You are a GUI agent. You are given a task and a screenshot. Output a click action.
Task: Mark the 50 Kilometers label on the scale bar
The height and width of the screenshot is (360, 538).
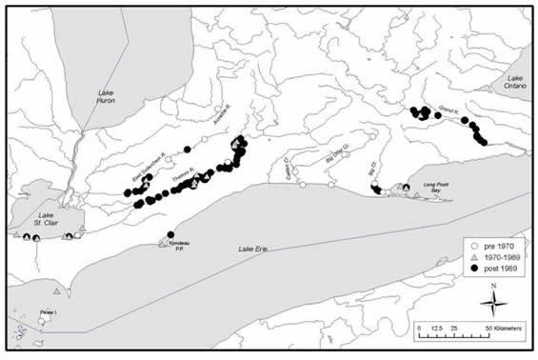point(504,328)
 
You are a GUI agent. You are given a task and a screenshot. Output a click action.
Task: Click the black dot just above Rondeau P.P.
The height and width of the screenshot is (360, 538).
point(170,234)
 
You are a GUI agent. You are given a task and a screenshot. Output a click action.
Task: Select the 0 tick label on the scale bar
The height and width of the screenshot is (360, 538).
point(417,328)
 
